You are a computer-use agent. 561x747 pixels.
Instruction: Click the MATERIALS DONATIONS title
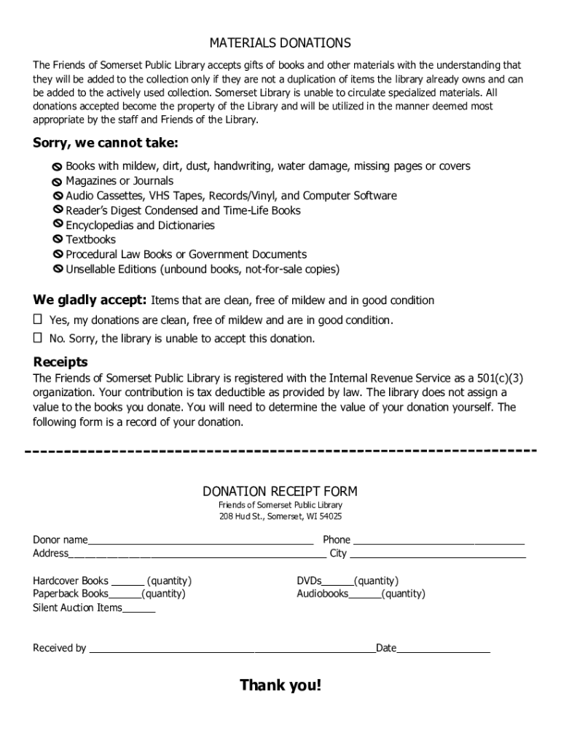[x=280, y=43]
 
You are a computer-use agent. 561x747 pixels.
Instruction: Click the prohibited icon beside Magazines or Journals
[x=58, y=182]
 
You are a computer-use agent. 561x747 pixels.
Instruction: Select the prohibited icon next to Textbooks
[x=58, y=239]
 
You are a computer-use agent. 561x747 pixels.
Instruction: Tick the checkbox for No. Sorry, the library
[x=38, y=338]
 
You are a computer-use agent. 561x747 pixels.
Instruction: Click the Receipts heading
[x=60, y=362]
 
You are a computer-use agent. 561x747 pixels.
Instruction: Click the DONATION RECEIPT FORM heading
[x=280, y=491]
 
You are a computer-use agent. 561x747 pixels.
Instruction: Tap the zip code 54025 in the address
[x=329, y=516]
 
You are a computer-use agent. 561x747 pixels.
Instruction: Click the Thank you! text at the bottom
[x=280, y=685]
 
